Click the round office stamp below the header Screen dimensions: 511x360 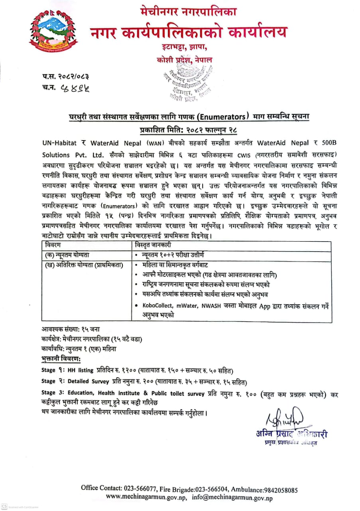coord(187,85)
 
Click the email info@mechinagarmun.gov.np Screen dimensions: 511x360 coord(232,497)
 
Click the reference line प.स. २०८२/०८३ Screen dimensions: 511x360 coord(65,75)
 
